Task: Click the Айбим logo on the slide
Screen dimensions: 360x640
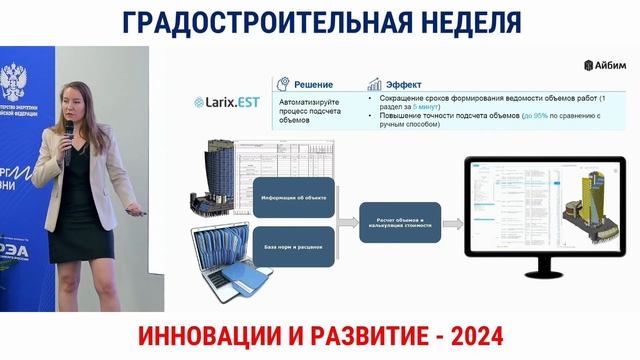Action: (604, 65)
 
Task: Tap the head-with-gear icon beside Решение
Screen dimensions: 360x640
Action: (284, 84)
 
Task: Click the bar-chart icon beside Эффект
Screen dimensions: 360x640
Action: (376, 84)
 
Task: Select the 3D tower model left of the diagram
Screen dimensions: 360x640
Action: (214, 175)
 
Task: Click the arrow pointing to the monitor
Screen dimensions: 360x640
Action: (453, 222)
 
